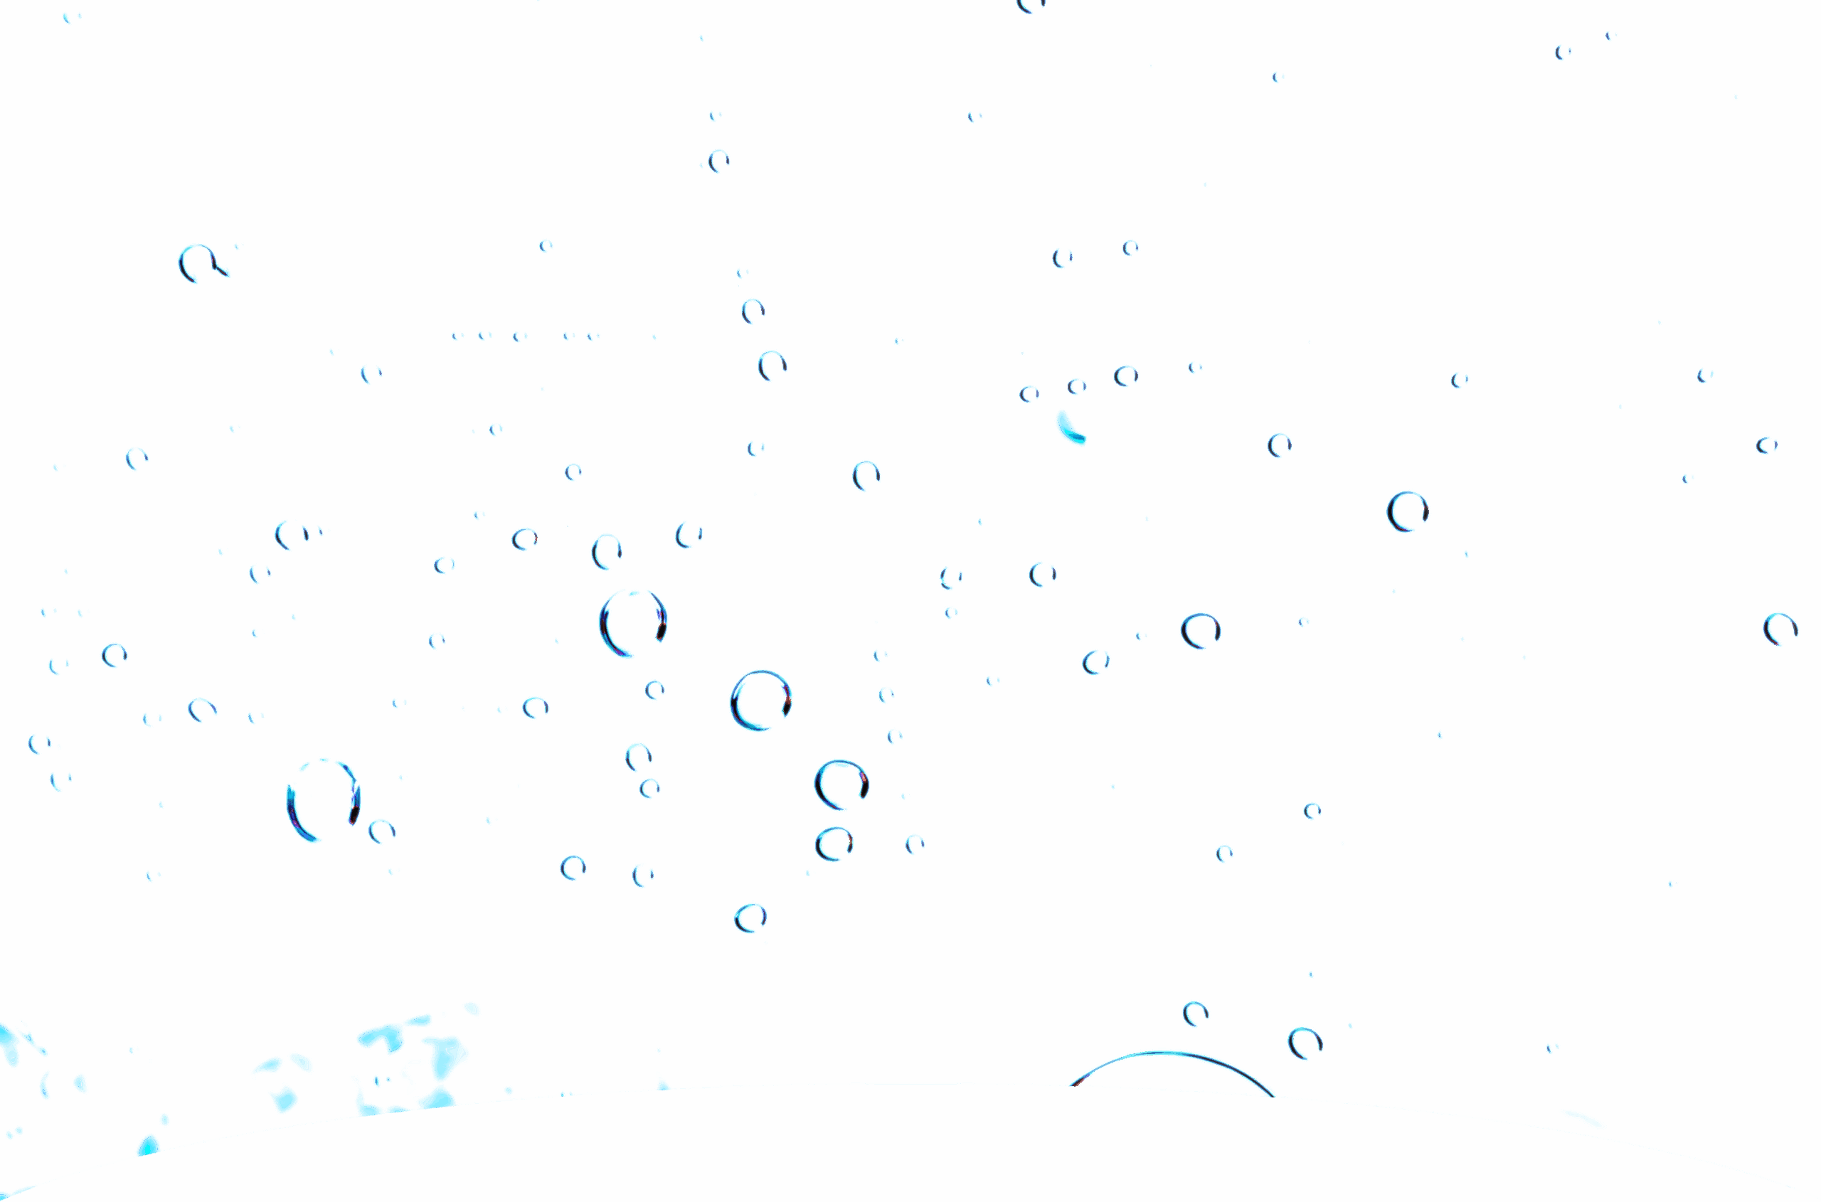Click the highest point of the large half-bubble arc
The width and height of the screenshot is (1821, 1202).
point(1165,1052)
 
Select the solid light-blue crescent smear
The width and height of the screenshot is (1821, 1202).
point(1069,427)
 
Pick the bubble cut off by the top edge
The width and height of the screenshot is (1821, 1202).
point(1031,4)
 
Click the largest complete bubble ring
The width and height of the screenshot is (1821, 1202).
point(324,799)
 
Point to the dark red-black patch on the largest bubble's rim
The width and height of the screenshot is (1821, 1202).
point(354,811)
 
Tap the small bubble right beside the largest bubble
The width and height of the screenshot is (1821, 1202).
point(382,831)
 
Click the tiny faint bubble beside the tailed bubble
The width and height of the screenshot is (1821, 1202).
point(238,246)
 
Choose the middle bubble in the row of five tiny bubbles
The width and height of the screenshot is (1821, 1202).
point(520,336)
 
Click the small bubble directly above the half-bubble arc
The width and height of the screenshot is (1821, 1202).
point(1195,1014)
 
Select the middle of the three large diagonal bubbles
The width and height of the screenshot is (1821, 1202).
point(760,701)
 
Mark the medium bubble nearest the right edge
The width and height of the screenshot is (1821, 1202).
point(1780,629)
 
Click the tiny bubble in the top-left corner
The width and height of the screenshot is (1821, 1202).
point(71,17)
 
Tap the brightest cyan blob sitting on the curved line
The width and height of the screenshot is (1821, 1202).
point(148,1145)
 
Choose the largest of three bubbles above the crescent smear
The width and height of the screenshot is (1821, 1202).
point(1125,376)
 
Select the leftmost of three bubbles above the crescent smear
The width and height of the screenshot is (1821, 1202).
point(1029,394)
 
